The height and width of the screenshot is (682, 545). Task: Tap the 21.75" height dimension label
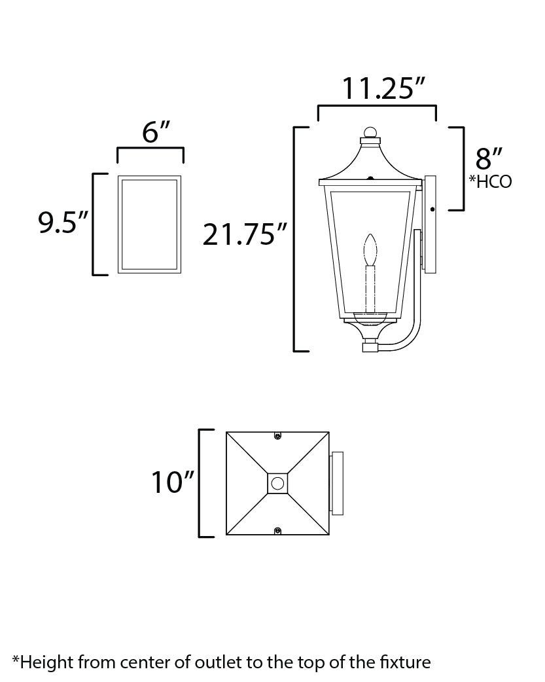(245, 235)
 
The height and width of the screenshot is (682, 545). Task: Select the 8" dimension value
(489, 159)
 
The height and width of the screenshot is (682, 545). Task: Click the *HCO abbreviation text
(490, 182)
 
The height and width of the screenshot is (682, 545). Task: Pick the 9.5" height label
(62, 223)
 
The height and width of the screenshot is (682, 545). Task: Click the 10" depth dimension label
(173, 482)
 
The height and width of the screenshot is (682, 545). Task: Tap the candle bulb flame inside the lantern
(370, 249)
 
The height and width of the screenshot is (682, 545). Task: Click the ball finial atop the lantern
(370, 133)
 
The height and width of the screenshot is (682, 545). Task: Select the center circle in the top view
(277, 483)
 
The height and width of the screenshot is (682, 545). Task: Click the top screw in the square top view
(277, 436)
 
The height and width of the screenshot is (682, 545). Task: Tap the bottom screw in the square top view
(277, 530)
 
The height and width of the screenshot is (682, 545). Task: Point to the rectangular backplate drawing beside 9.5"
(149, 224)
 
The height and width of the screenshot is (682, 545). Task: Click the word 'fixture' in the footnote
(406, 662)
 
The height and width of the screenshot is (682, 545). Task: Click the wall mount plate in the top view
(338, 483)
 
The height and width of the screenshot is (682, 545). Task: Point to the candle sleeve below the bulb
(370, 288)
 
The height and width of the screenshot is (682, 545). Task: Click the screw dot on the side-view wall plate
(432, 209)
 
